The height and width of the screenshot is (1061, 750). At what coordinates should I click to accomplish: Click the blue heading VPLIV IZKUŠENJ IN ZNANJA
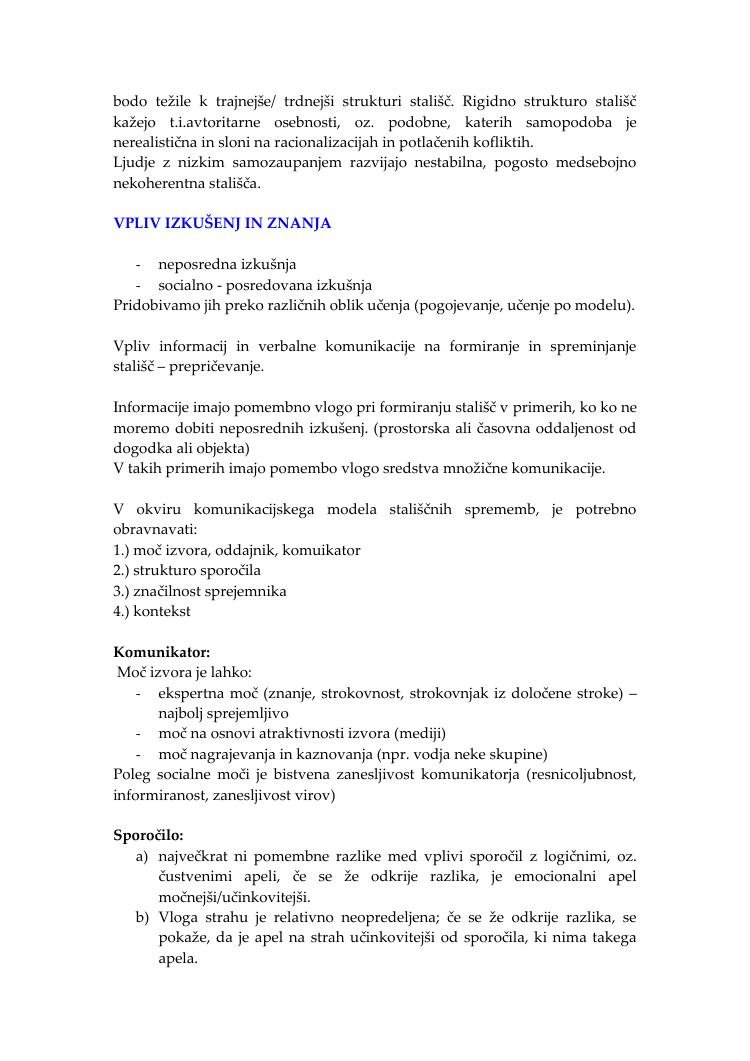tap(222, 223)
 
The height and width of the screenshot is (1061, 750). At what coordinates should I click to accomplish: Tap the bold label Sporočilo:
tap(149, 835)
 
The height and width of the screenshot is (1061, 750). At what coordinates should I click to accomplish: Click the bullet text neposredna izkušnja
tap(227, 264)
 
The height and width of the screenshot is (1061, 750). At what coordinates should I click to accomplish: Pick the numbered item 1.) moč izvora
tap(173, 550)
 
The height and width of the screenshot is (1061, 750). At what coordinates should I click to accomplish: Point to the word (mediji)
tap(421, 734)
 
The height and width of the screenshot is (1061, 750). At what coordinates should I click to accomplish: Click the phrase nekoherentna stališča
tap(187, 183)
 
